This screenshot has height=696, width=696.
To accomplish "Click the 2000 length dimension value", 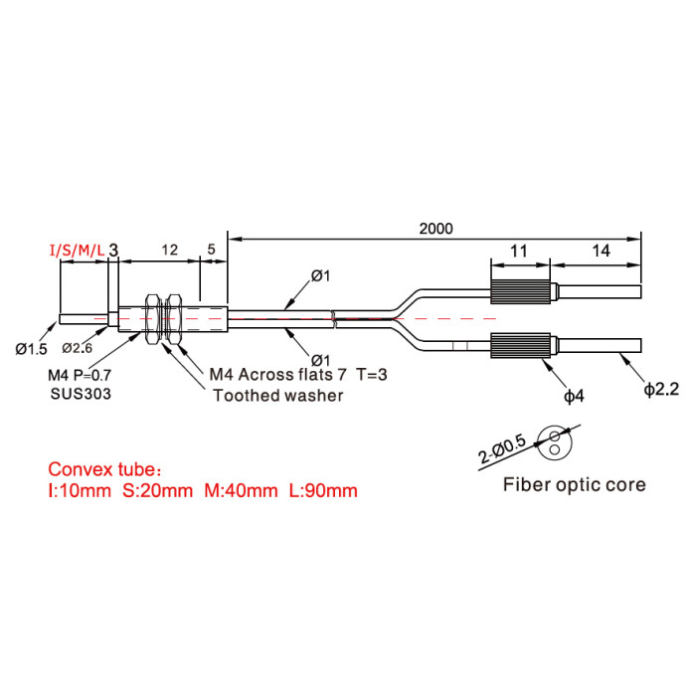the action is tap(435, 229).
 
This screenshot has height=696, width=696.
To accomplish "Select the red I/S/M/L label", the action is tap(78, 251).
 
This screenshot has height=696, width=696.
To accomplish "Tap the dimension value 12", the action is tap(170, 250).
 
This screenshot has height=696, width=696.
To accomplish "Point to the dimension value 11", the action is tap(518, 252).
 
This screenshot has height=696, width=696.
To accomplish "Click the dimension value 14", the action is tap(601, 251).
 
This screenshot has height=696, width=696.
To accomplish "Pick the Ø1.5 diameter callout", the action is tap(31, 349).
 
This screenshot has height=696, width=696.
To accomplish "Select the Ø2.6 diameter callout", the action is tap(78, 348).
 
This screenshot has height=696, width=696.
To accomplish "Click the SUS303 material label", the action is tap(81, 394).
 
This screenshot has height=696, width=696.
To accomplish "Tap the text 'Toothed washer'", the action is tap(277, 396).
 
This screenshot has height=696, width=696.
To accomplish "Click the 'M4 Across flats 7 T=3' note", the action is tap(298, 375).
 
